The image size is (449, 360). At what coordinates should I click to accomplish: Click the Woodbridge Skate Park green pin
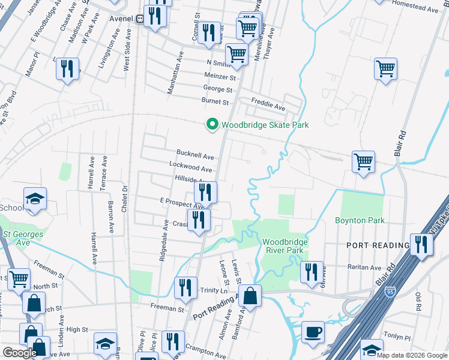[x=212, y=125]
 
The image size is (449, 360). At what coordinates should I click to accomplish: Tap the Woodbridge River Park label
[x=285, y=246]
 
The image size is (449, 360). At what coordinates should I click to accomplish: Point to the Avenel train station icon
[x=139, y=19]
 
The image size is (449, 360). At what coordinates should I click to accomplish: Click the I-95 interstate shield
[x=391, y=292]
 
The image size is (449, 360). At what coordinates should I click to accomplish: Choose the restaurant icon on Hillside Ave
[x=205, y=191]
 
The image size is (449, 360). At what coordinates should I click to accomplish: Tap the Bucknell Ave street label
[x=195, y=154]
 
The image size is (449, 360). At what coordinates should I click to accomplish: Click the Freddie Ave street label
[x=268, y=107]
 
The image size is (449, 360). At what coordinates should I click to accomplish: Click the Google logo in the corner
[x=19, y=353]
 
